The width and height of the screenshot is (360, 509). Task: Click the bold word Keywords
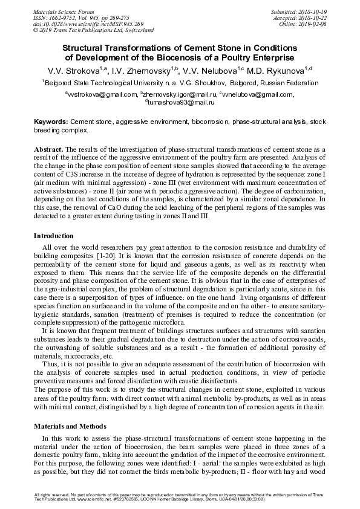pos(51,122)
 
